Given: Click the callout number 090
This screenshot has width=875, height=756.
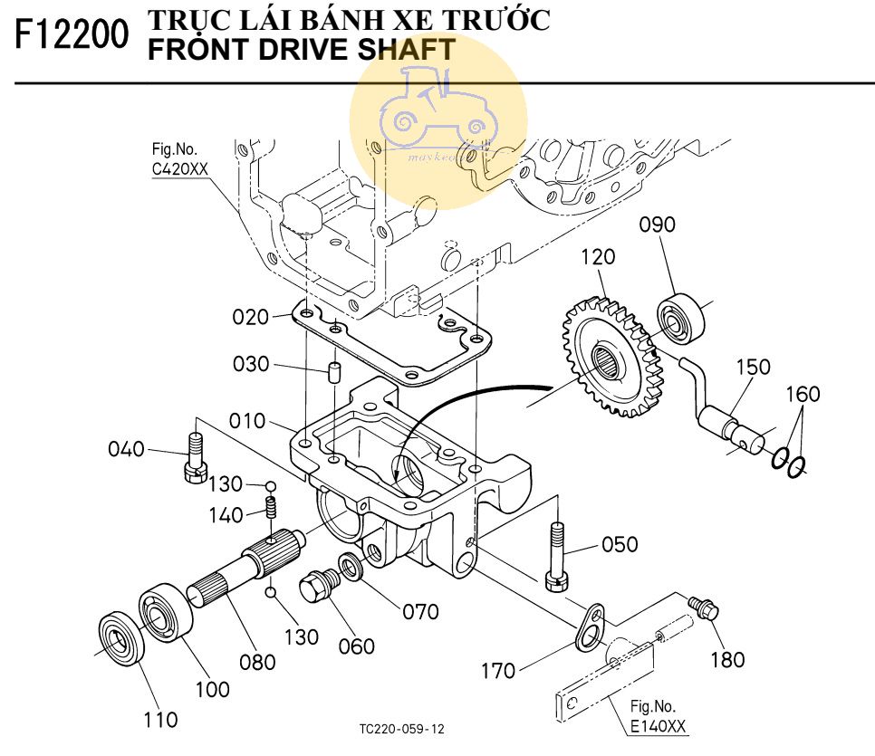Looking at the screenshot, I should pos(658,225).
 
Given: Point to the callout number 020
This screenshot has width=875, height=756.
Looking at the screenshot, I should pos(251,317).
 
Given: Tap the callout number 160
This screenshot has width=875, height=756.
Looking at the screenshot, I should pos(803,394).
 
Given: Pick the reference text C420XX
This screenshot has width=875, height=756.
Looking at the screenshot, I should pos(179,167).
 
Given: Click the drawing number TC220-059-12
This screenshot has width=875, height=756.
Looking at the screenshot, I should pos(402,729).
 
